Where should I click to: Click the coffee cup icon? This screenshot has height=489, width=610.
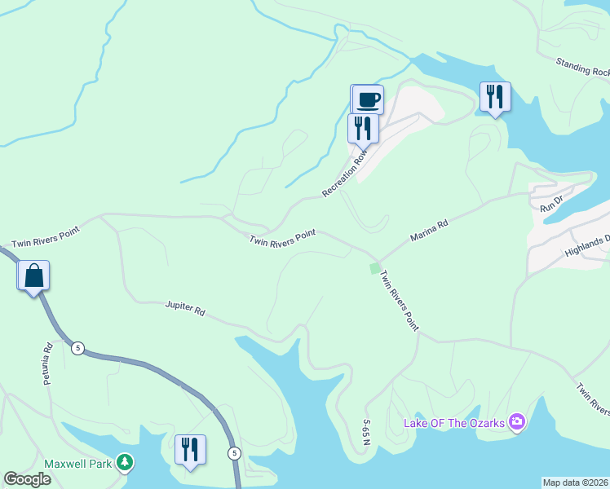[367, 99]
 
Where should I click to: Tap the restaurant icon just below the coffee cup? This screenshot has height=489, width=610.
[363, 128]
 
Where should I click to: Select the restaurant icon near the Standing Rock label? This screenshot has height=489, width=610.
[495, 96]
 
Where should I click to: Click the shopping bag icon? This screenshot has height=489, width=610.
[33, 275]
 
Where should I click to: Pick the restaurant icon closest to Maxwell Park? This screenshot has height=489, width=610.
[190, 449]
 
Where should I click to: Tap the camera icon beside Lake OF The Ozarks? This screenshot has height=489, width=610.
[516, 422]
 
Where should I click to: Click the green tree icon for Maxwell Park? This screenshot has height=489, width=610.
[124, 463]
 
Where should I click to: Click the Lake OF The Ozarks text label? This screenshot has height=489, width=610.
[454, 423]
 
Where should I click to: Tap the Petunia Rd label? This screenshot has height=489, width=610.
[47, 364]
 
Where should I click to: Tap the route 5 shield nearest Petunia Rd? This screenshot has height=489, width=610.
[77, 348]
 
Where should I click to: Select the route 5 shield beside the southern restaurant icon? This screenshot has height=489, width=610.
[235, 452]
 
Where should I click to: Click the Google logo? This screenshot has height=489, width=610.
[27, 479]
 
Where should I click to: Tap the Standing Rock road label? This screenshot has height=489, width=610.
[582, 67]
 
